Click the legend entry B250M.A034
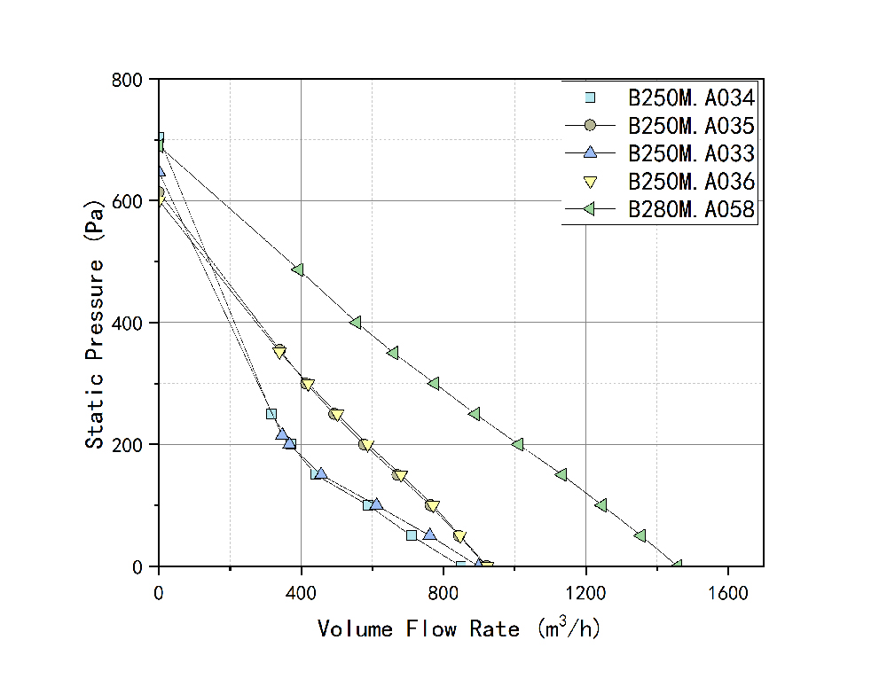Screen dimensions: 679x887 click(x=691, y=97)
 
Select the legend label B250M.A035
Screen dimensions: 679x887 click(x=691, y=125)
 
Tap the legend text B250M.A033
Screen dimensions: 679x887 click(x=691, y=153)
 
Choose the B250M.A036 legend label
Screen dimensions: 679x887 click(x=691, y=182)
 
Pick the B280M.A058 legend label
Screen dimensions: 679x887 click(x=691, y=210)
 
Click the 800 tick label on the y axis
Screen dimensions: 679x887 click(x=129, y=80)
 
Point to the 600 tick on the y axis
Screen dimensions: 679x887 click(x=129, y=201)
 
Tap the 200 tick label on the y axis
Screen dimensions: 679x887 click(x=129, y=445)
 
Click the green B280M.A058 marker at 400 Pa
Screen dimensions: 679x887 click(x=355, y=322)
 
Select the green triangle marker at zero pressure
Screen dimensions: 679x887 click(x=677, y=566)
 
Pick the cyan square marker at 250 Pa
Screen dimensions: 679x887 click(x=271, y=414)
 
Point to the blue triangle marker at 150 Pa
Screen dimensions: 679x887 click(x=320, y=473)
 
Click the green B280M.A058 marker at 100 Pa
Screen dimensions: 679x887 click(x=601, y=505)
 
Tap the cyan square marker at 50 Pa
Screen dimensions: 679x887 click(x=412, y=535)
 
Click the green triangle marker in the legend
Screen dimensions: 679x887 click(x=591, y=210)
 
